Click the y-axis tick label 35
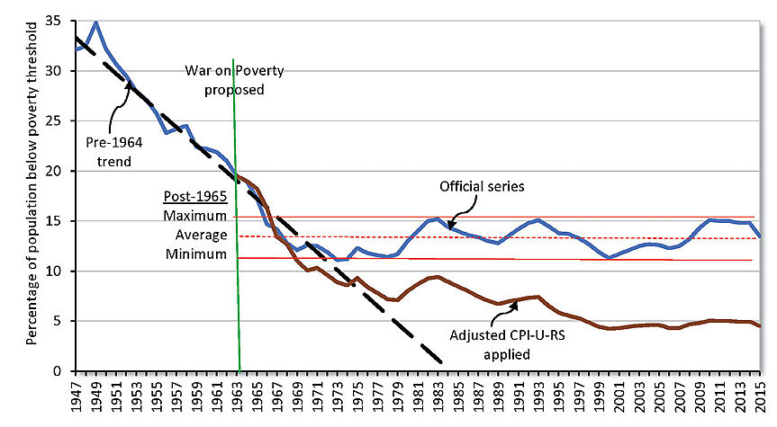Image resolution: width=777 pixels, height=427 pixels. (56, 20)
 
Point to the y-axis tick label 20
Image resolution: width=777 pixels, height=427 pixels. (56, 171)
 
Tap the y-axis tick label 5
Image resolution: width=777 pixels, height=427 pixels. (59, 321)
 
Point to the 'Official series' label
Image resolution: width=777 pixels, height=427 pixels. (481, 187)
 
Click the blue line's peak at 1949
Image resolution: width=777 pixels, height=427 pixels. (96, 21)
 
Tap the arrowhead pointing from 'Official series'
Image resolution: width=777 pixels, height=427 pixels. (449, 227)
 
